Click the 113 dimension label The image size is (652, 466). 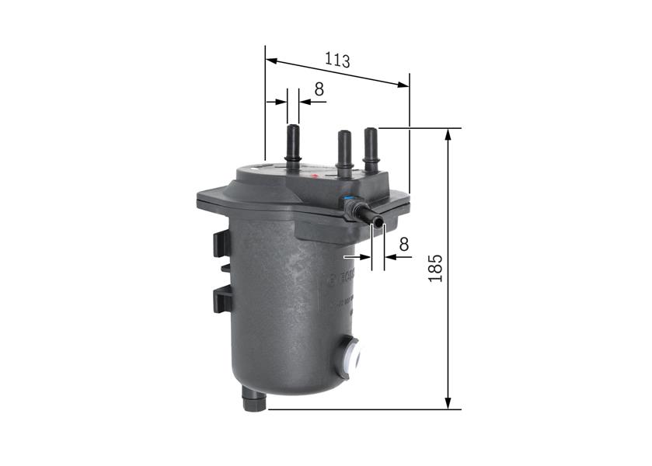337,60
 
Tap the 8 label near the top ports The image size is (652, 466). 319,89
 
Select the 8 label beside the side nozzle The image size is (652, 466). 403,244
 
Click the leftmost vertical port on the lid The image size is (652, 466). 293,144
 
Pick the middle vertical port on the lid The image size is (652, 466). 343,149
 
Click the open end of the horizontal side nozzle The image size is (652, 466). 378,224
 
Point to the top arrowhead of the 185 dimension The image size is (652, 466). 448,134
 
